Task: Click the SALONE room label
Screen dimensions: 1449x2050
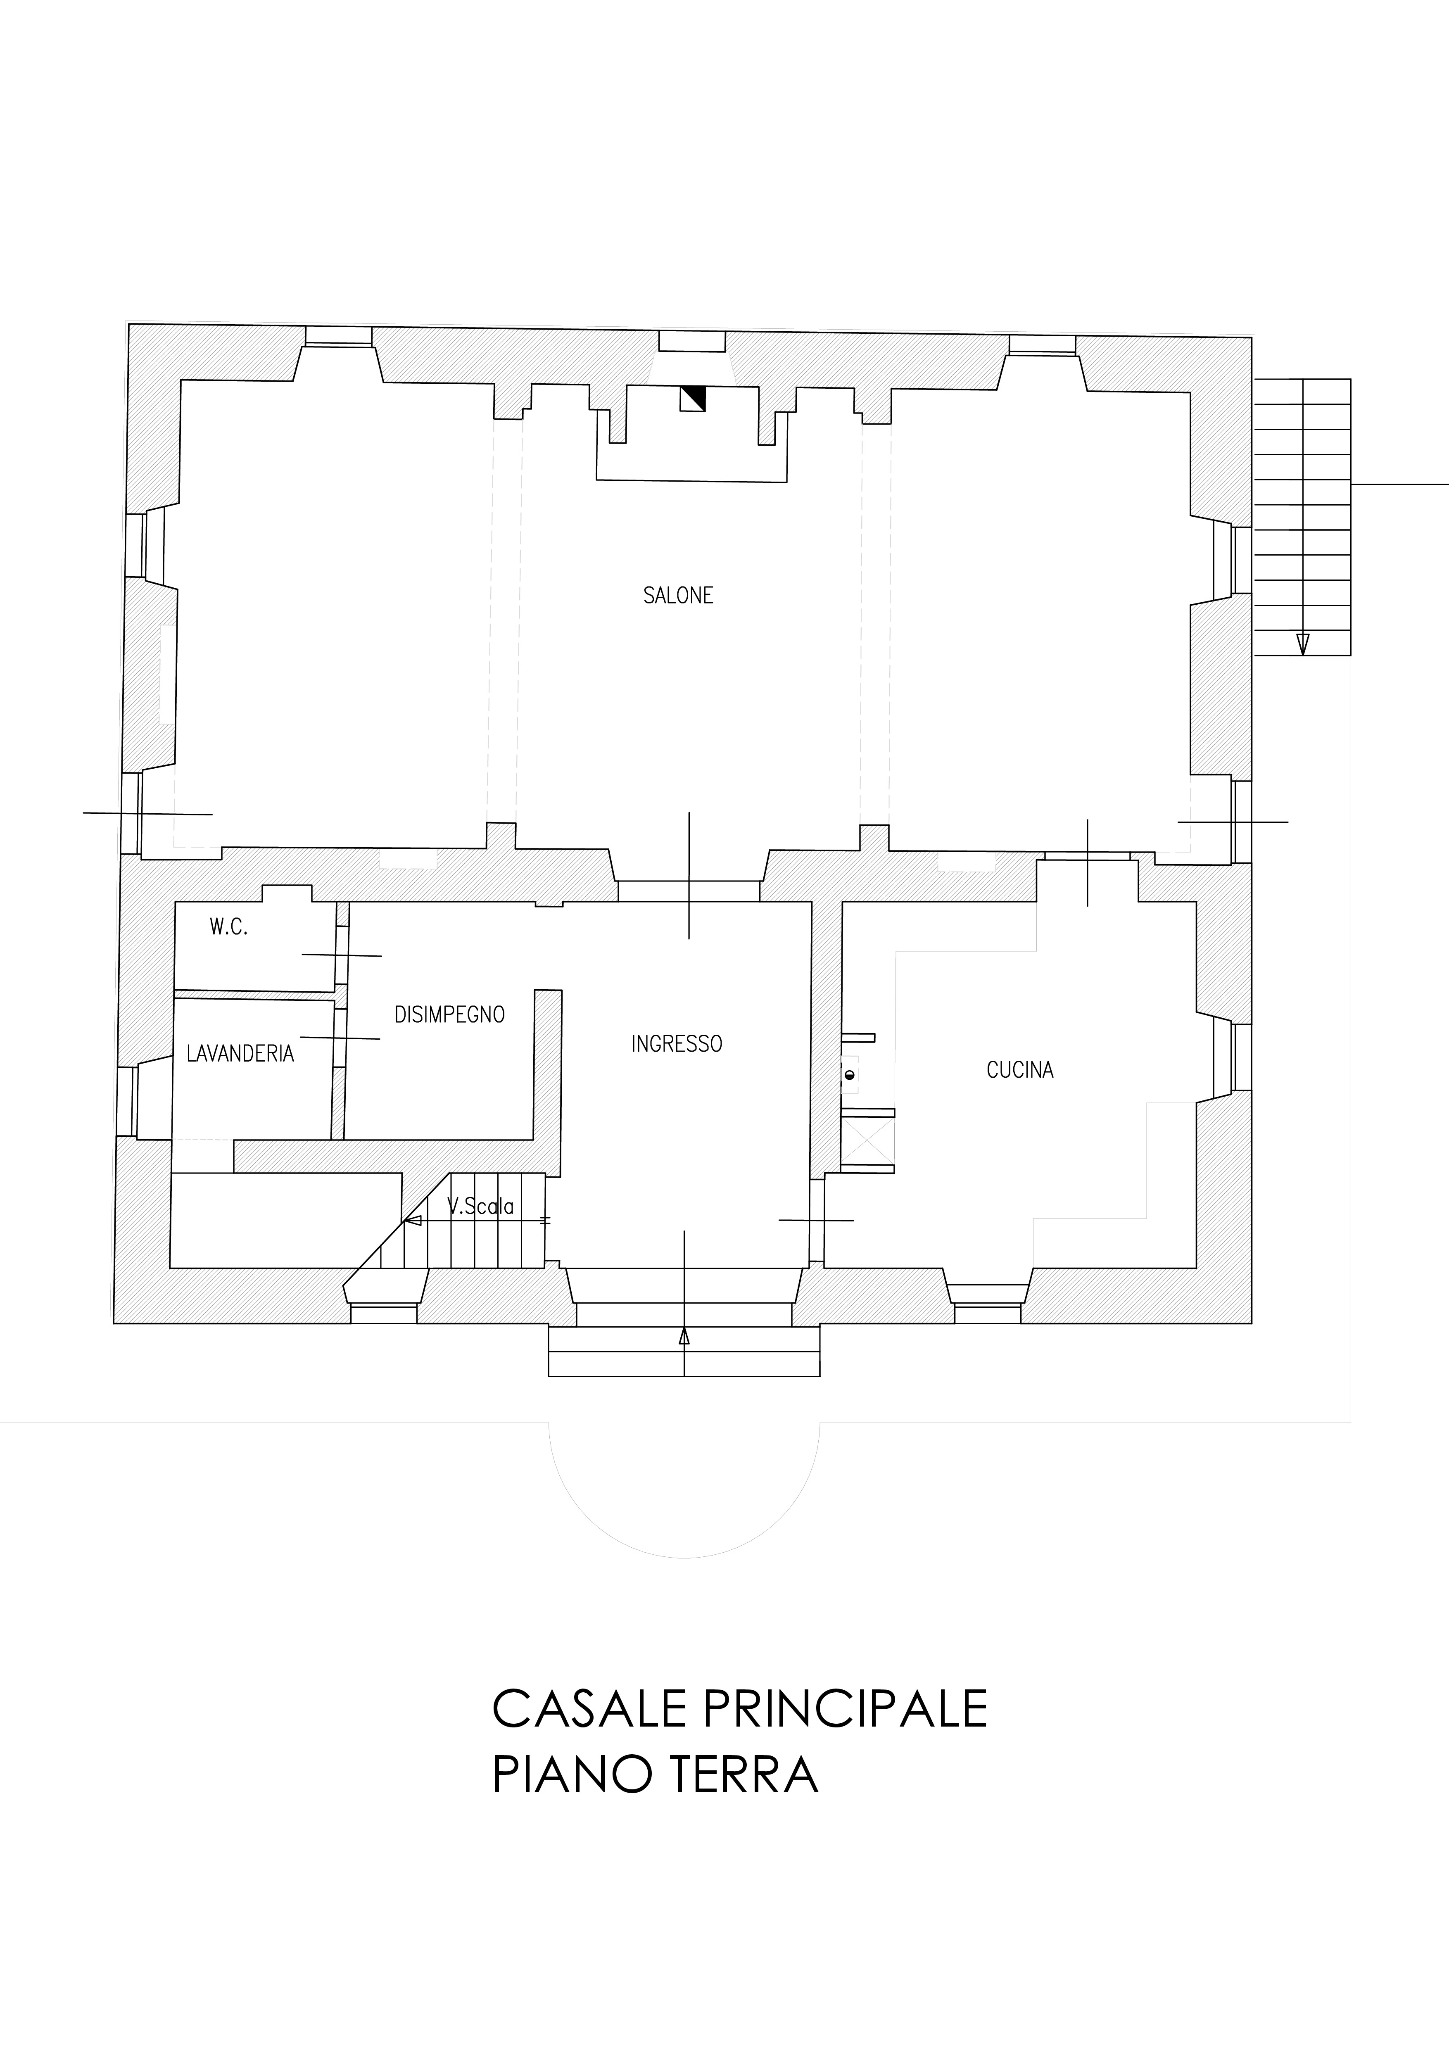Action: click(679, 596)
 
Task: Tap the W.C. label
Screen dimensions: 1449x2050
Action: click(228, 928)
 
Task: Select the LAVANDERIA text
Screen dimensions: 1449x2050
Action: click(240, 1054)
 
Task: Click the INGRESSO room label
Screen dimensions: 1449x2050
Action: click(677, 1044)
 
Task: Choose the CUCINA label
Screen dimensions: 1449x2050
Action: click(1021, 1070)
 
